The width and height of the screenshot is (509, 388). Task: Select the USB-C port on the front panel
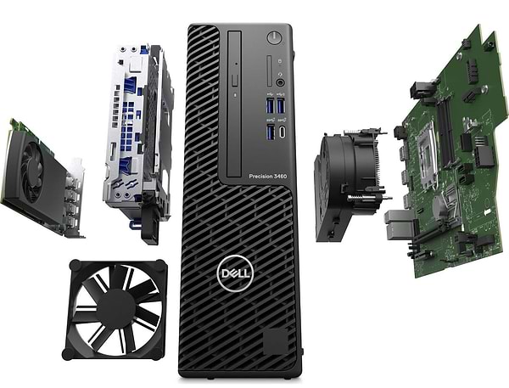coord(280,133)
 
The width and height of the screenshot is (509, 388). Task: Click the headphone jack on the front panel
coord(279,83)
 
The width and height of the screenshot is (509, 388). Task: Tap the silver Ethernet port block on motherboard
coord(398,220)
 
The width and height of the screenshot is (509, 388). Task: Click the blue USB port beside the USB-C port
coord(270,132)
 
